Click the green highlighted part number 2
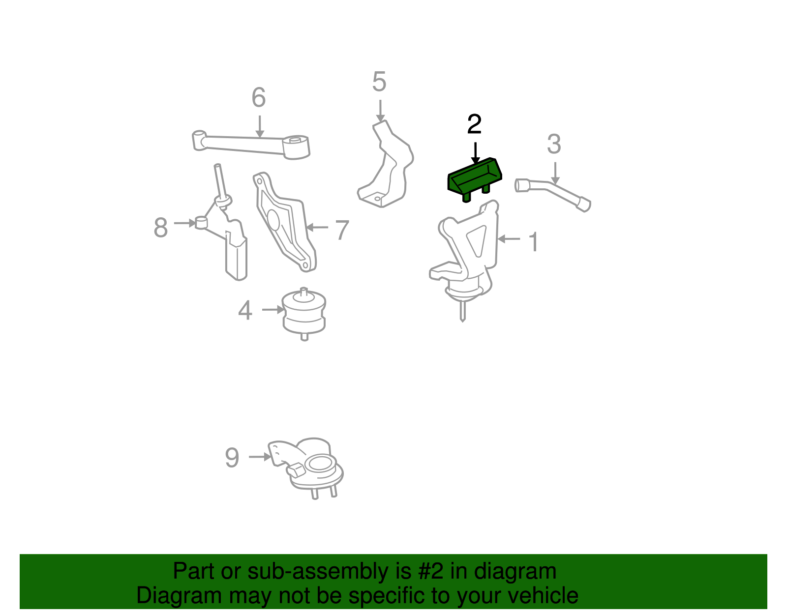click(x=475, y=178)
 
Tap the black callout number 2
click(x=475, y=124)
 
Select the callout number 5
click(x=379, y=82)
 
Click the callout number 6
click(x=259, y=97)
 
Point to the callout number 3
click(x=554, y=144)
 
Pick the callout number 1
click(x=534, y=241)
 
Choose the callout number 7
click(x=342, y=230)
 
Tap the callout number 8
click(x=161, y=228)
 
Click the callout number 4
click(x=245, y=310)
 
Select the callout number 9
click(x=232, y=457)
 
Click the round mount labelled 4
click(x=304, y=314)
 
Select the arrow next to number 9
click(x=260, y=457)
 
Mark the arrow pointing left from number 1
click(x=509, y=239)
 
